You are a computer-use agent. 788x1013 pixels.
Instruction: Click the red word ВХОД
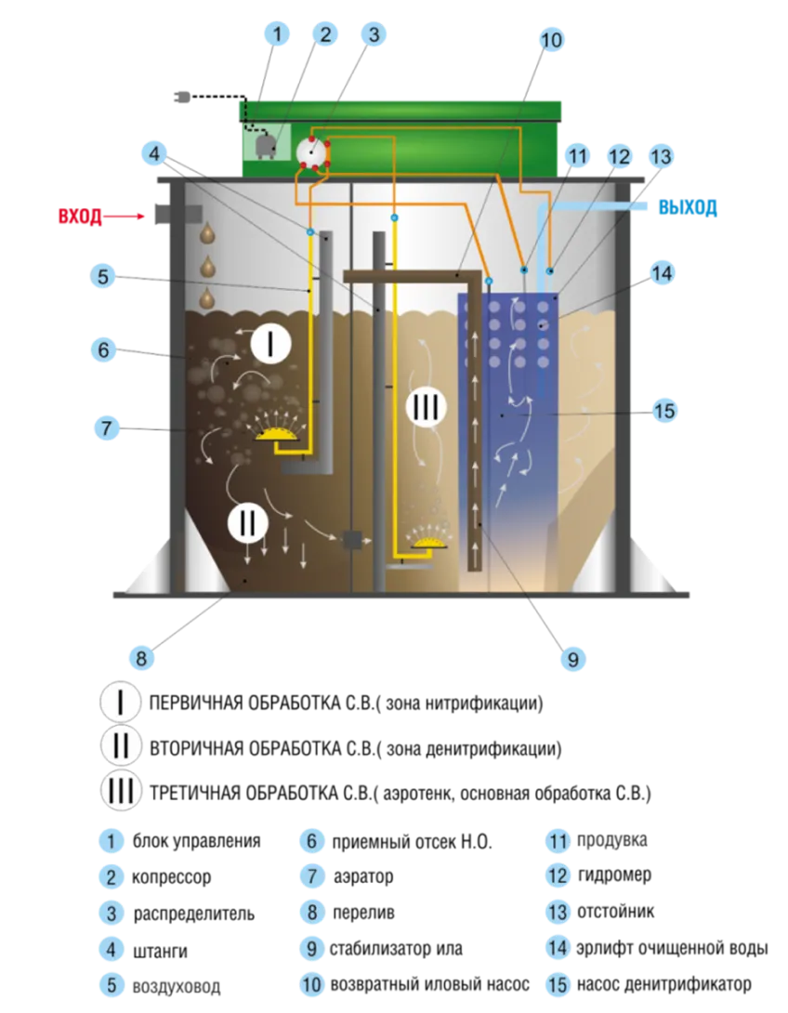point(80,216)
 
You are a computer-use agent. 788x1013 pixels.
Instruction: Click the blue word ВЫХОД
point(688,207)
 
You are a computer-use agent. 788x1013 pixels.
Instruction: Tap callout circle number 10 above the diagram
point(550,40)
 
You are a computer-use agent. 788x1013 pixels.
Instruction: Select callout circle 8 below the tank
point(141,658)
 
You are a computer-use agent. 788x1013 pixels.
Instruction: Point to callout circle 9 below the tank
point(572,659)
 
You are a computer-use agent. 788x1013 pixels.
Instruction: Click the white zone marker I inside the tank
point(270,342)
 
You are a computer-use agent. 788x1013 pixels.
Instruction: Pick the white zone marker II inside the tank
point(248,522)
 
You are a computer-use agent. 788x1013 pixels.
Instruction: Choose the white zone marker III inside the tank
point(426,407)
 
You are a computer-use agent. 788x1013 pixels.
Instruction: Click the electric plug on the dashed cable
point(182,98)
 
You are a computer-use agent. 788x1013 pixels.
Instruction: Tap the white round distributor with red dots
point(311,152)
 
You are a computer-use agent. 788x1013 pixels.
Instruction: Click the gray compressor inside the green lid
point(265,147)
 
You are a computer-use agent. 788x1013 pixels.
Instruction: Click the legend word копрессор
point(171,877)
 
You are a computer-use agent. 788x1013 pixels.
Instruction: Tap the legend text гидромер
point(614,875)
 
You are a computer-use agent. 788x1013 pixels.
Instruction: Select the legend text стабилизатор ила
point(395,948)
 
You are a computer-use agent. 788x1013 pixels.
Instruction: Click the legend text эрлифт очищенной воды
point(672,948)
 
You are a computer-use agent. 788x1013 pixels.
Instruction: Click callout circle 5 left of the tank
point(103,277)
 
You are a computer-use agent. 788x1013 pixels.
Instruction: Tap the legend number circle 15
point(558,984)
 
